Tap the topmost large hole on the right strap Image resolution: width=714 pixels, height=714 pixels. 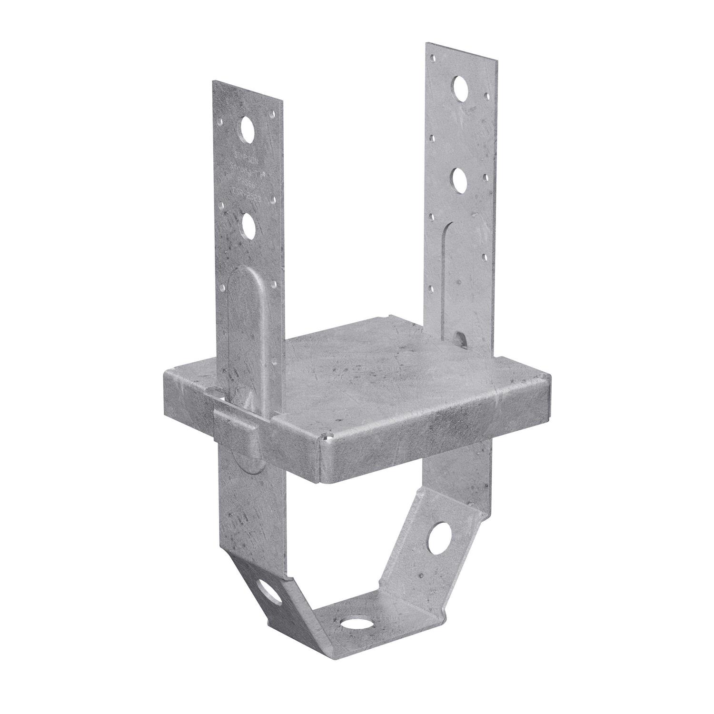click(x=460, y=87)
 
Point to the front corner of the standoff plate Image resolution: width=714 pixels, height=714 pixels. click(x=324, y=437)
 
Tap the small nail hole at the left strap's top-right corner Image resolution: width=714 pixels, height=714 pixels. click(x=273, y=114)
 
